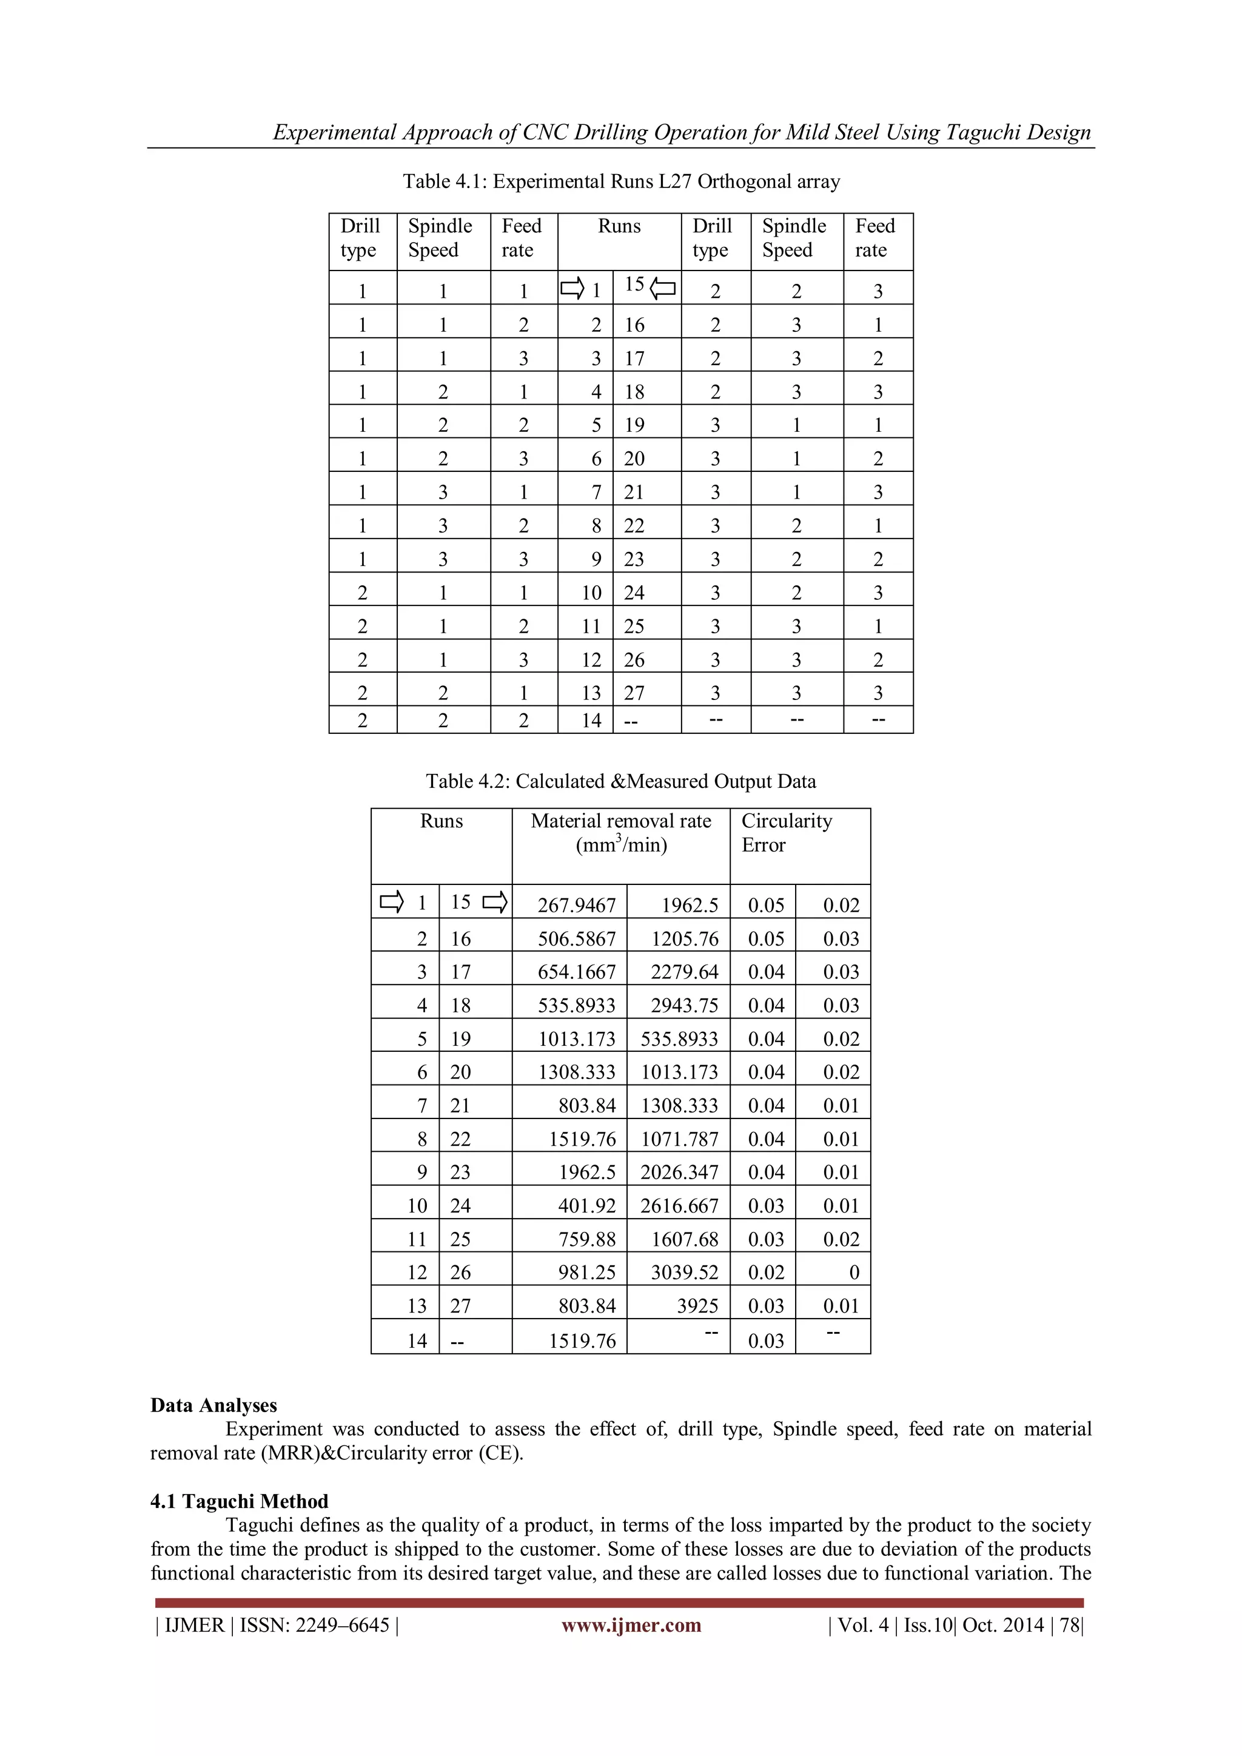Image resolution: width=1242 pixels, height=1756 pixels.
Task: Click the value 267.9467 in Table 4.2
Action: pyautogui.click(x=576, y=906)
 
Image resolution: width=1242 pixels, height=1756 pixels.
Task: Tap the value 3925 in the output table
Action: pyautogui.click(x=697, y=1307)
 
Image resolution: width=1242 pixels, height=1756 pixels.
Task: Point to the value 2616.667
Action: pyautogui.click(x=679, y=1206)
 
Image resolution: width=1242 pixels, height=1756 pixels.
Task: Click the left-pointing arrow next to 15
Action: pyautogui.click(x=663, y=288)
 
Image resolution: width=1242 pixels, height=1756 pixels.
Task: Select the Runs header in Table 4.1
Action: pyautogui.click(x=619, y=226)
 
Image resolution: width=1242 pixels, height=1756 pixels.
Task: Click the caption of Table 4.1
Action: pyautogui.click(x=621, y=181)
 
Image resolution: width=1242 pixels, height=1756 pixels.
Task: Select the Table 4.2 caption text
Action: pyautogui.click(x=620, y=782)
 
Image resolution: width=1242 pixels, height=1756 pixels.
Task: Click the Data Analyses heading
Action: pyautogui.click(x=213, y=1406)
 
